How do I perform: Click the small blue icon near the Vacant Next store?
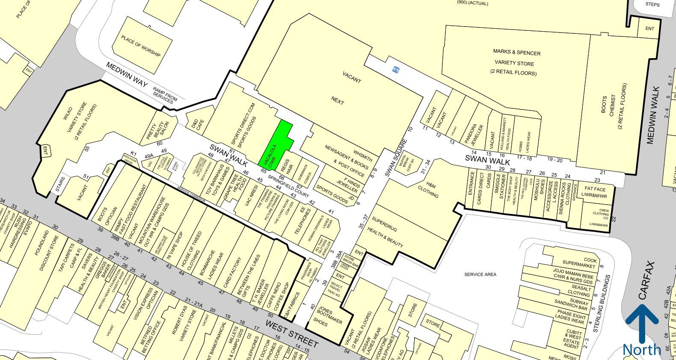tap(395, 70)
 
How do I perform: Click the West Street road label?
tap(292, 333)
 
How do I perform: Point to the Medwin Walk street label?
tap(653, 115)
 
